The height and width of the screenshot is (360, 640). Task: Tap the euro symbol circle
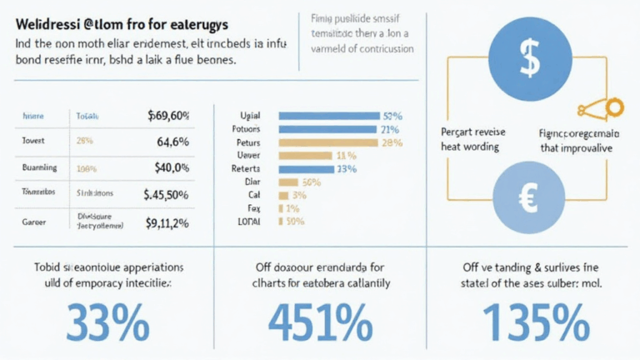click(528, 198)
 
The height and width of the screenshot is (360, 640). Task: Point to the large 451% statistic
click(319, 320)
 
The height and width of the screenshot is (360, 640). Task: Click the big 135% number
click(530, 320)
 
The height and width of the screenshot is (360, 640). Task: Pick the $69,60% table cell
click(167, 116)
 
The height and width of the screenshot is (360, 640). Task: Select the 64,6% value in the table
click(172, 142)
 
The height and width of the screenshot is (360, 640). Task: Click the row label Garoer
click(34, 222)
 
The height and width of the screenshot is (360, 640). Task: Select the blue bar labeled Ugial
click(327, 116)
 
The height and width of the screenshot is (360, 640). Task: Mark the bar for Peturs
click(327, 142)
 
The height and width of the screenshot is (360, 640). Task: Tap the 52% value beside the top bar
click(392, 116)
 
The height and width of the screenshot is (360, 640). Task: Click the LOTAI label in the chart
click(250, 222)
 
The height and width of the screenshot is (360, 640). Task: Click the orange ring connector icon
click(615, 107)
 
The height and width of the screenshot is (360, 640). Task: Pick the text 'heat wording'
click(469, 147)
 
